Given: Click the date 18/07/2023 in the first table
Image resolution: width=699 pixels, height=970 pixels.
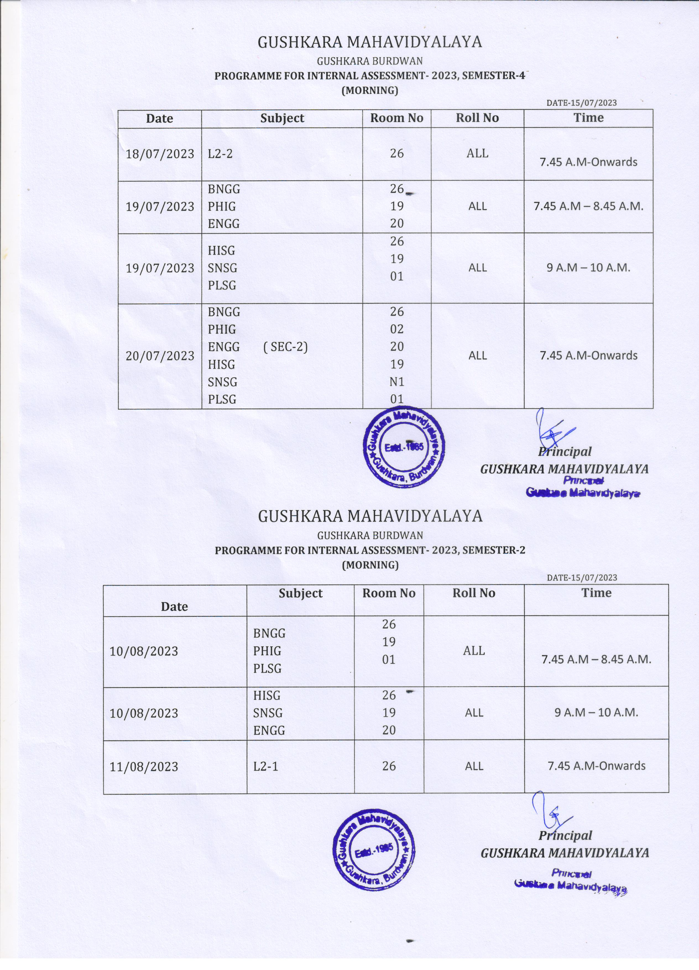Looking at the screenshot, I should pyautogui.click(x=160, y=154).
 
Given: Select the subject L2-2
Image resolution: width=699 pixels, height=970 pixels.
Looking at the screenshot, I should pyautogui.click(x=220, y=154).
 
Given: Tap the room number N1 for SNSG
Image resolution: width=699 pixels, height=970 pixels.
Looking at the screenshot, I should pyautogui.click(x=397, y=381).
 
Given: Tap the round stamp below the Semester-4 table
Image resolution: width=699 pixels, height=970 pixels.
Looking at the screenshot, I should pyautogui.click(x=404, y=447).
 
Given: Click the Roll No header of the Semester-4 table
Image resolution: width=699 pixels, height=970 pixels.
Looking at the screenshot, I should pyautogui.click(x=477, y=118).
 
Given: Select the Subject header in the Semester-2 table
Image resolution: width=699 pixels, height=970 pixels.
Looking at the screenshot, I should pyautogui.click(x=301, y=593).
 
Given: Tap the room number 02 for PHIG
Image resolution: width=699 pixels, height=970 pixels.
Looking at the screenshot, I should pyautogui.click(x=397, y=329).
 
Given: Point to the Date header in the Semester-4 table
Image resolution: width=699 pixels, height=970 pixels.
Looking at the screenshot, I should pyautogui.click(x=160, y=118).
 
